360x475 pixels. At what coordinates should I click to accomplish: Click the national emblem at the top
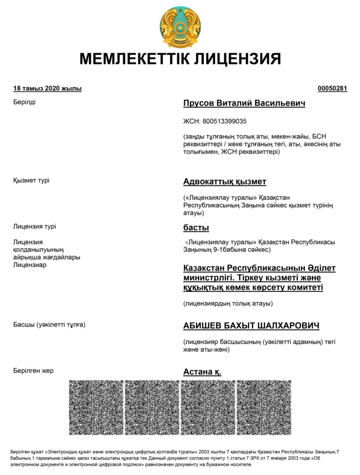(x=180, y=27)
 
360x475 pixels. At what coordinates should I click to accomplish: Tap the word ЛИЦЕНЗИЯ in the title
(x=237, y=59)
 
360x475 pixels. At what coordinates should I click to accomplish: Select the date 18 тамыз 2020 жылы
(x=47, y=89)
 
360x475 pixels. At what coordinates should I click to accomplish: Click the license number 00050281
(x=332, y=89)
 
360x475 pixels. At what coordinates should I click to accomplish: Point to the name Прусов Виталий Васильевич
(x=244, y=103)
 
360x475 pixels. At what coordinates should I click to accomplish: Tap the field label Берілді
(x=25, y=102)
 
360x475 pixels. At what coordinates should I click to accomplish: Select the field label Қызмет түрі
(x=31, y=180)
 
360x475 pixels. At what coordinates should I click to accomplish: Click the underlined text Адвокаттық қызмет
(x=225, y=181)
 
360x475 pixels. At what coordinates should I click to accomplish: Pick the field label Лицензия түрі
(x=35, y=226)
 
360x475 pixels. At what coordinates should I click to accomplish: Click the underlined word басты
(x=196, y=228)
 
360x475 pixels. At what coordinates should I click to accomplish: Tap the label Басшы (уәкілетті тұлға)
(x=49, y=324)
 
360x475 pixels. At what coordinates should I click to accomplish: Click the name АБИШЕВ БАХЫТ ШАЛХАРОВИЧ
(x=251, y=326)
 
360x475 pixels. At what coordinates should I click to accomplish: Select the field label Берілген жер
(x=33, y=370)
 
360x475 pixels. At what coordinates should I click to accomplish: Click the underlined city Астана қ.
(x=202, y=372)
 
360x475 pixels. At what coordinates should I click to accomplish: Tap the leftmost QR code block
(x=96, y=407)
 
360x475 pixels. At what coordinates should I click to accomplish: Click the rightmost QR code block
(x=264, y=407)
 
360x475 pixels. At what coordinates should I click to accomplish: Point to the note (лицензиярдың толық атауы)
(x=228, y=304)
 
